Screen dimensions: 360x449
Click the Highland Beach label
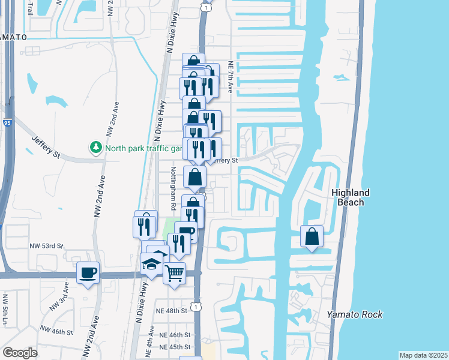(x=351, y=197)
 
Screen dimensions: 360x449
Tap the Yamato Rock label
(x=354, y=314)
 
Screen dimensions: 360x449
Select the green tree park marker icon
(x=95, y=147)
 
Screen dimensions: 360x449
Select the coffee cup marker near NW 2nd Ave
(x=88, y=272)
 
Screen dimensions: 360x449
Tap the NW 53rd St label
(x=46, y=246)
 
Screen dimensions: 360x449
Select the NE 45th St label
(x=174, y=347)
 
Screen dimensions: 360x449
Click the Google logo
(x=20, y=352)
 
